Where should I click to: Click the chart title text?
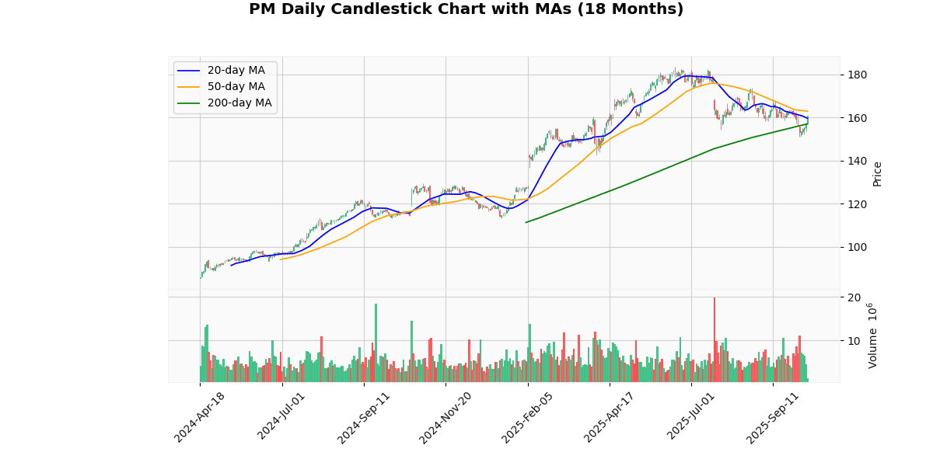(x=466, y=9)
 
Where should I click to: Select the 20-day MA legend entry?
(x=236, y=71)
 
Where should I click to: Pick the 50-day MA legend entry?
(x=236, y=87)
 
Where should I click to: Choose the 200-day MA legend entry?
(x=239, y=103)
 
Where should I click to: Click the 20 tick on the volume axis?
(x=854, y=297)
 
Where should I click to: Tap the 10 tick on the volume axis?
(x=854, y=341)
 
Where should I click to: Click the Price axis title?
(x=877, y=173)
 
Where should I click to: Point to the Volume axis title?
(x=872, y=336)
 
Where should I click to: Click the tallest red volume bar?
(x=715, y=339)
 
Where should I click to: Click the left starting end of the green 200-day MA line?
(x=526, y=222)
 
